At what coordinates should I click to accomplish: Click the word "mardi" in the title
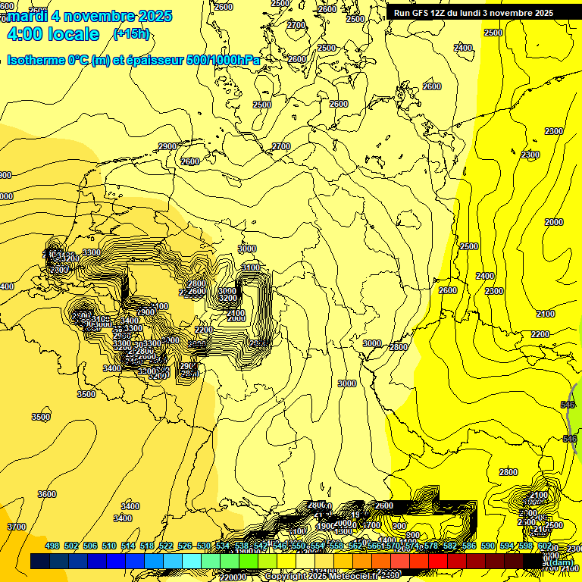(27, 16)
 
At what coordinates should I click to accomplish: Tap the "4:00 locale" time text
(52, 34)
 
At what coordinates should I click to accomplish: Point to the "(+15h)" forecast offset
(131, 33)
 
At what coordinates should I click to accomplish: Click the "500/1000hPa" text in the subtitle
(227, 60)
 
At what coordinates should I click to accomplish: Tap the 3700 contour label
(16, 527)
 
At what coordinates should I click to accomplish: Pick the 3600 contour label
(47, 494)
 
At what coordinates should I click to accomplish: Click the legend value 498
(52, 546)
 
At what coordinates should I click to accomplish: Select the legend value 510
(109, 546)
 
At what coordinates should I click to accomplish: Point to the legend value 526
(184, 546)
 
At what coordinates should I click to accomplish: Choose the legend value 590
(488, 546)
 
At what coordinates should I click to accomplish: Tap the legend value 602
(545, 546)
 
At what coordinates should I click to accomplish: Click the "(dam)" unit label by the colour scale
(560, 562)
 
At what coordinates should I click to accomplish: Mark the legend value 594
(507, 546)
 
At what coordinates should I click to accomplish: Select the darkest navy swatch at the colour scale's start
(40, 562)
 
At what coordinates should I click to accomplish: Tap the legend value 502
(71, 546)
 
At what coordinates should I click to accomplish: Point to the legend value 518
(147, 546)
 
